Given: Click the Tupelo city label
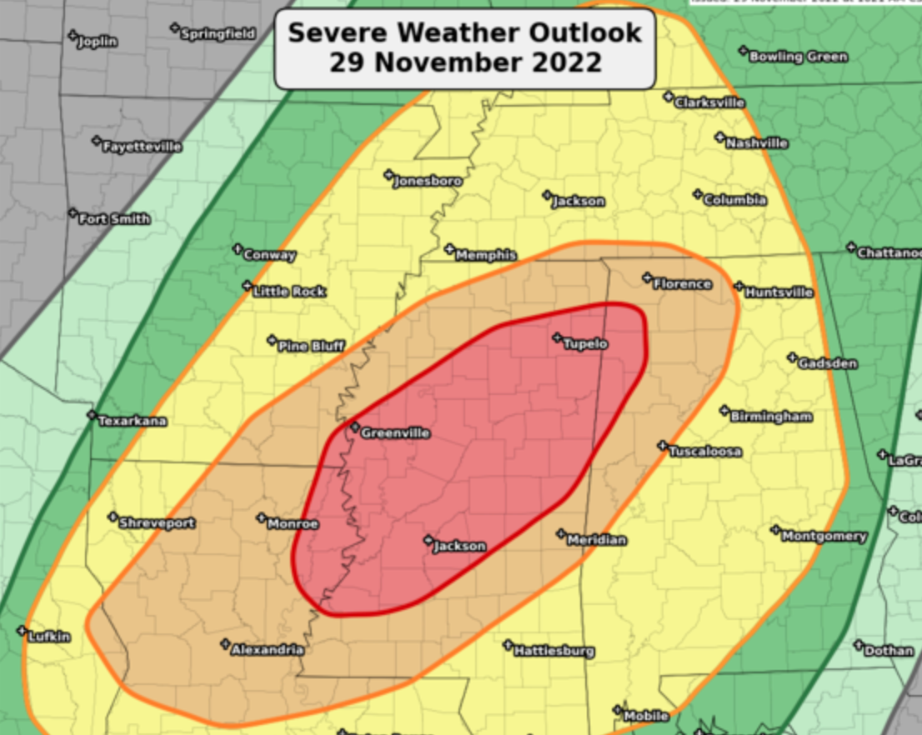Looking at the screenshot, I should click(x=585, y=343).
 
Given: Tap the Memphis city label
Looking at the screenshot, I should click(x=486, y=255).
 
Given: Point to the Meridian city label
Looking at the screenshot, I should click(x=596, y=540).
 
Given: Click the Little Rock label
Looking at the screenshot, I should click(x=289, y=292).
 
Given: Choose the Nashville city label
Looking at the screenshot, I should click(x=757, y=143).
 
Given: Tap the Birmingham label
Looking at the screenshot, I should click(x=771, y=417).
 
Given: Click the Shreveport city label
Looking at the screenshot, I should click(x=157, y=523).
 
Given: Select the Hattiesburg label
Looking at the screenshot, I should click(x=554, y=651).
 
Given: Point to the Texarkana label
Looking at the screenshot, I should click(x=133, y=422).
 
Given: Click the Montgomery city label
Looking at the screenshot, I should click(x=824, y=537).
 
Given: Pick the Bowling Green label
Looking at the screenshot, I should click(x=798, y=57).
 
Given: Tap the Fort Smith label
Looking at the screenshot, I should click(x=114, y=219).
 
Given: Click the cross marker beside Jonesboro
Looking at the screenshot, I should click(x=388, y=175).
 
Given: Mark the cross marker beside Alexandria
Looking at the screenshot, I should click(x=225, y=643).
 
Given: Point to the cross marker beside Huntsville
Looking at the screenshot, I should click(x=739, y=287).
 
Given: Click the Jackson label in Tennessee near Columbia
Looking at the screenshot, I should click(x=578, y=202).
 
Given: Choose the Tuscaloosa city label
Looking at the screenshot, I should click(x=705, y=452).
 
